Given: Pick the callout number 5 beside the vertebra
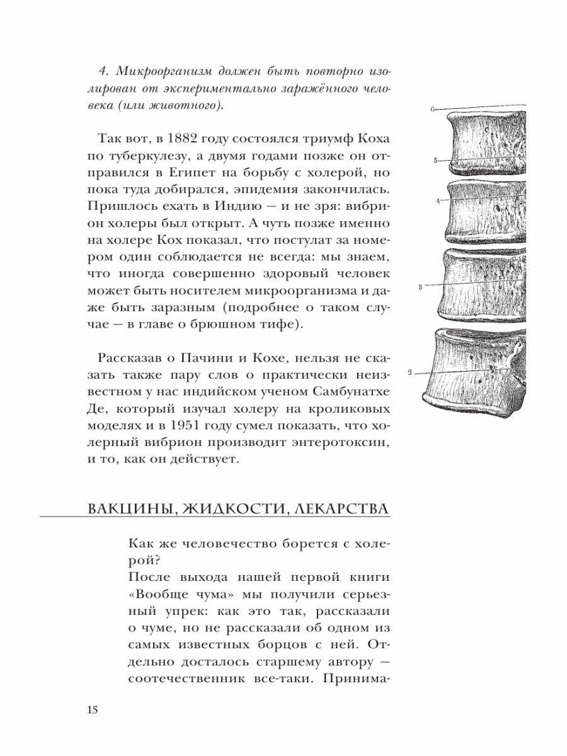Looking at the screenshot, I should (435, 161).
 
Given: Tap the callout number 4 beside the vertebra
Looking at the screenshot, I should (437, 201).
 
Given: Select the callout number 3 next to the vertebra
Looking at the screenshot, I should (420, 287).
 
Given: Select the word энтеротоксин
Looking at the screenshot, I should (331, 442).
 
